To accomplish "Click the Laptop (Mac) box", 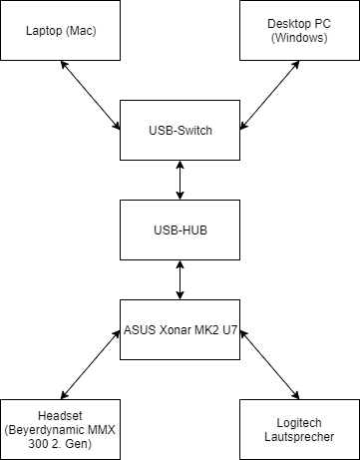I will [x=60, y=30].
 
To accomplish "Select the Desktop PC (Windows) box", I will [x=299, y=30].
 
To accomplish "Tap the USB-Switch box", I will [x=180, y=130].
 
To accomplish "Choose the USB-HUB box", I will [x=180, y=230].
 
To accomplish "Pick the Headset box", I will [x=60, y=429].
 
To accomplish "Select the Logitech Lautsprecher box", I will [x=299, y=429].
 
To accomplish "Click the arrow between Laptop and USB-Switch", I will [x=91, y=94].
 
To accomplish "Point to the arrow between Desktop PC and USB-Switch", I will [x=269, y=94].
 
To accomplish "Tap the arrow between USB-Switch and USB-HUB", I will [x=180, y=180].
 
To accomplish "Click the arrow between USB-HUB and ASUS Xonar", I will [x=180, y=279].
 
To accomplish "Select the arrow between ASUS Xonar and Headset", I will [x=91, y=365].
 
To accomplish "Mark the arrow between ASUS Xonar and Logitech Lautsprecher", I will [x=269, y=365].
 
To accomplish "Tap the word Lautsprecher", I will [x=299, y=437].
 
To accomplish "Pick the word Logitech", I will [x=299, y=423].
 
